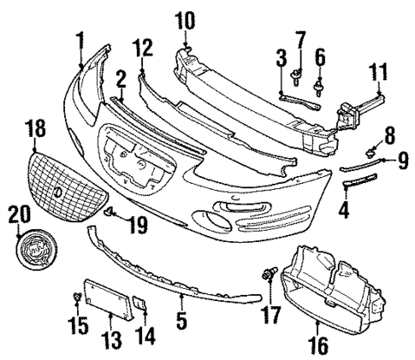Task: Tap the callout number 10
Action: pyautogui.click(x=185, y=19)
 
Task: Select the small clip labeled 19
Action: pyautogui.click(x=111, y=211)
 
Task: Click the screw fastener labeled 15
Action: pyautogui.click(x=78, y=298)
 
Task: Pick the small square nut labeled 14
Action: pyautogui.click(x=139, y=303)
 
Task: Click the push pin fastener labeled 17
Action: pyautogui.click(x=270, y=273)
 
